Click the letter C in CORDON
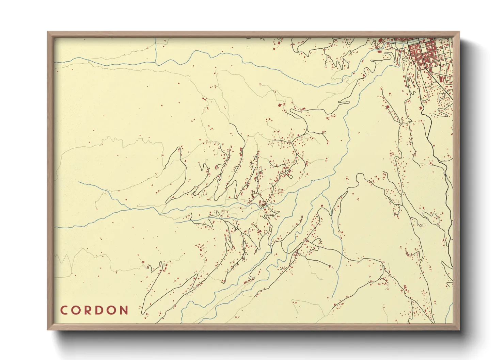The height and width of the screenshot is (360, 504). [64, 310]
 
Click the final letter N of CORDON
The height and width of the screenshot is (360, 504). [125, 310]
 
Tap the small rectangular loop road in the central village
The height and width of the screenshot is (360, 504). [290, 176]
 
